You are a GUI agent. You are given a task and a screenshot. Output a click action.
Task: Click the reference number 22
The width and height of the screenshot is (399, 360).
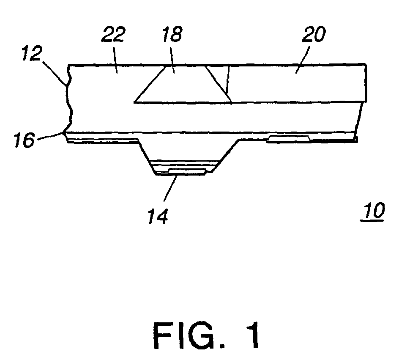pyautogui.click(x=113, y=34)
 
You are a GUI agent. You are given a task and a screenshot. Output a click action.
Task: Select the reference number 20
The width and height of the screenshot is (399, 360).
pyautogui.click(x=314, y=34)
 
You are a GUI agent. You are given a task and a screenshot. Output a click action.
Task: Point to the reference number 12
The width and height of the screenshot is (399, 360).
pyautogui.click(x=32, y=53)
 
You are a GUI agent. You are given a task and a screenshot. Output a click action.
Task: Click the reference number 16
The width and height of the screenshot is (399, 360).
pyautogui.click(x=24, y=140)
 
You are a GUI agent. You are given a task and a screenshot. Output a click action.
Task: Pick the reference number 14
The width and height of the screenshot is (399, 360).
pyautogui.click(x=158, y=216)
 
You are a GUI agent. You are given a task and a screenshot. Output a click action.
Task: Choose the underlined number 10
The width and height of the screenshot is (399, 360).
pyautogui.click(x=373, y=211)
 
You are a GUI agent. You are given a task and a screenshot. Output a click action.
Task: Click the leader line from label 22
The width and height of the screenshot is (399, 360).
pyautogui.click(x=115, y=60)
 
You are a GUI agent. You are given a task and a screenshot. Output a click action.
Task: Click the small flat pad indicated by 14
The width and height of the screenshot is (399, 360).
pyautogui.click(x=187, y=171)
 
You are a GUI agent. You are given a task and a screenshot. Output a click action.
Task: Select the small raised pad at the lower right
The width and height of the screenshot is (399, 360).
pyautogui.click(x=288, y=139)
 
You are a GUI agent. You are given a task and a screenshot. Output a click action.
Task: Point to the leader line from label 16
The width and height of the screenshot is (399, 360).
pyautogui.click(x=50, y=136)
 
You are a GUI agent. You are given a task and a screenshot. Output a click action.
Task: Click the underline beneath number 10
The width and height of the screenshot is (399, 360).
pyautogui.click(x=372, y=221)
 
